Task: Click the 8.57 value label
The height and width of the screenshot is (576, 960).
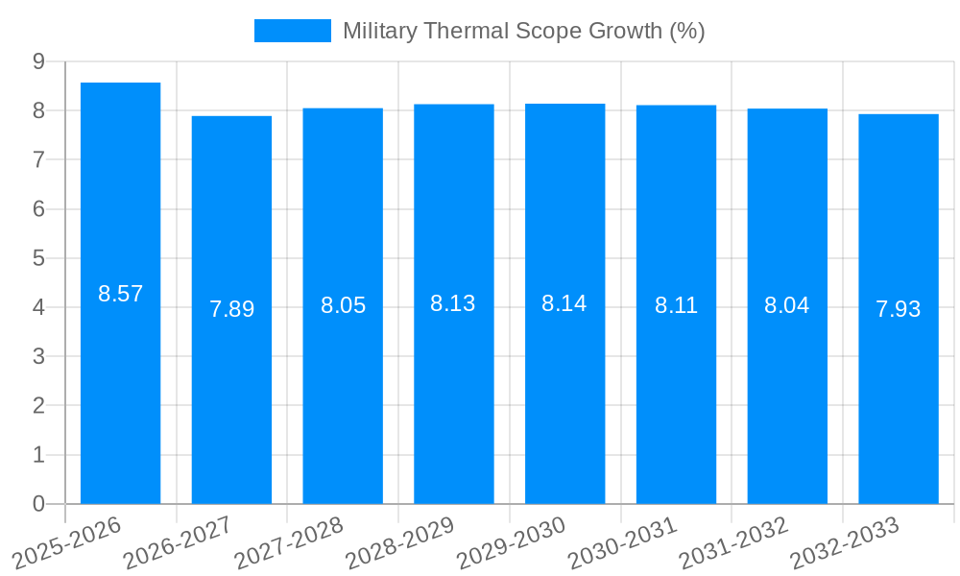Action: (120, 294)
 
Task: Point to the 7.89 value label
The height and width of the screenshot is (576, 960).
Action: (231, 309)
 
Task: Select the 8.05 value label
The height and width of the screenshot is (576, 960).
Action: (343, 305)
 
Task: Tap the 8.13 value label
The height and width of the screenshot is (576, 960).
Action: (453, 303)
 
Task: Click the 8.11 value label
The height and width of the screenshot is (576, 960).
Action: (676, 305)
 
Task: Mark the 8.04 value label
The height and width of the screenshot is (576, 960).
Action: (786, 305)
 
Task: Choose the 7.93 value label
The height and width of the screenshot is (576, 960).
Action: (898, 309)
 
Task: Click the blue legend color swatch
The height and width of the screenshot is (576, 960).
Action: (292, 31)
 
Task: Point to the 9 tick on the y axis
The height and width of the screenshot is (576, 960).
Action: (38, 61)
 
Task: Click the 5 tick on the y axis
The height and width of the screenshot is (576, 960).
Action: (38, 258)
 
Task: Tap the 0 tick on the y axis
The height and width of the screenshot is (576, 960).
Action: (38, 504)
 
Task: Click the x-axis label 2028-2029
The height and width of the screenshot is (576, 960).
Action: (400, 542)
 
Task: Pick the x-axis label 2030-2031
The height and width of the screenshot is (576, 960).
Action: (623, 542)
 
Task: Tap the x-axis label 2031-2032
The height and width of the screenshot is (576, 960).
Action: (734, 542)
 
